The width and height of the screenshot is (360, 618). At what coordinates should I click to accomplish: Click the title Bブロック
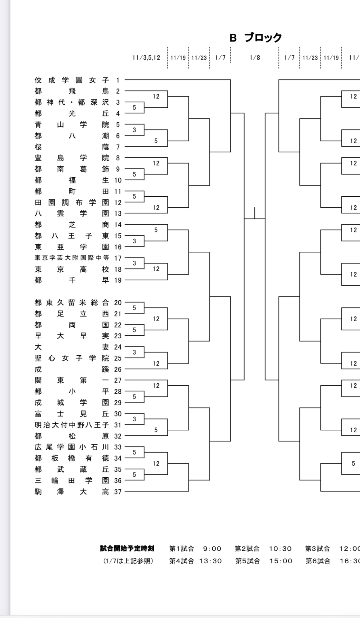click(255, 38)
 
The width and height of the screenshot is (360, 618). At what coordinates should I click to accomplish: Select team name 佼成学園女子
click(72, 80)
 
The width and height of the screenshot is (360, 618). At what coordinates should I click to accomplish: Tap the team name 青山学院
click(72, 125)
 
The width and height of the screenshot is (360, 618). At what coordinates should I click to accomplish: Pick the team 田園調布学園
click(72, 202)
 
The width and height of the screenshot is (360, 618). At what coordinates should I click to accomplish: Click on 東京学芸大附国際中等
click(72, 258)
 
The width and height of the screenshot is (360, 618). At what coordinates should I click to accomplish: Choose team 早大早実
click(72, 336)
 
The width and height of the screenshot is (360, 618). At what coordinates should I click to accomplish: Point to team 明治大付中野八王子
click(72, 425)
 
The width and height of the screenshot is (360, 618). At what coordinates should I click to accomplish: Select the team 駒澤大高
click(72, 492)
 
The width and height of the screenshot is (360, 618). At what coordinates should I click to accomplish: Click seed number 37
click(118, 492)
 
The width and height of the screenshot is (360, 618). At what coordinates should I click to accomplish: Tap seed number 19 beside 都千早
click(118, 280)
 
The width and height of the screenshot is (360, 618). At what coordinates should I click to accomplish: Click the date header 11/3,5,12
click(146, 58)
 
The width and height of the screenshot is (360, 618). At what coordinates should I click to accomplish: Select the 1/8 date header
click(254, 58)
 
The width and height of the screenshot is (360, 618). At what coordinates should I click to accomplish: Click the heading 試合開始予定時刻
click(127, 548)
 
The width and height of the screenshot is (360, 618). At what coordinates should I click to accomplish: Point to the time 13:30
click(210, 561)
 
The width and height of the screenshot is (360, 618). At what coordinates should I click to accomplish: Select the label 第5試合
click(247, 561)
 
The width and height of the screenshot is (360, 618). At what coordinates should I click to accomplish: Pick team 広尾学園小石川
click(72, 447)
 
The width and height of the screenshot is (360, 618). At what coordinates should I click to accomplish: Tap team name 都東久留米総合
click(72, 303)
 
